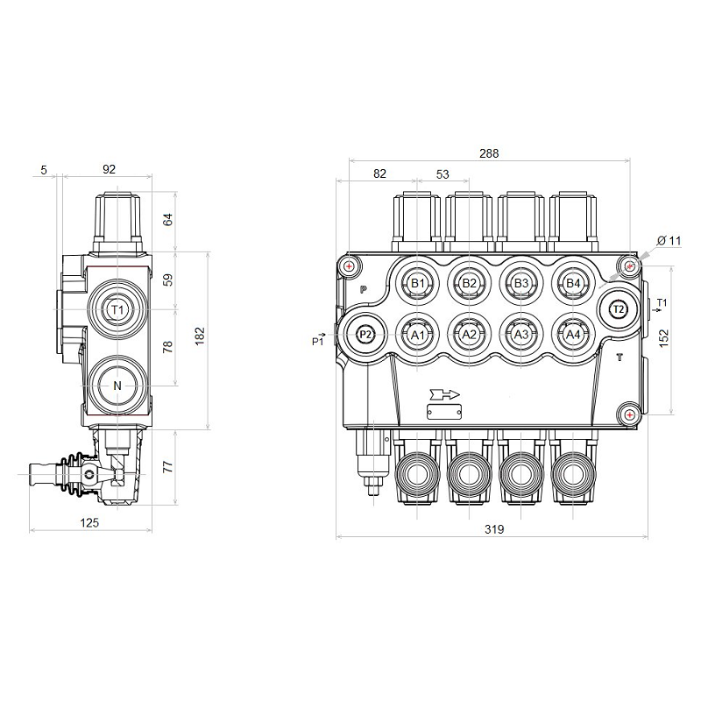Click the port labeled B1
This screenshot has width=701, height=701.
pos(418,283)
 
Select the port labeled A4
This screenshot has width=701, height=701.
pos(572,335)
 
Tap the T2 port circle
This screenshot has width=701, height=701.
pos(618,309)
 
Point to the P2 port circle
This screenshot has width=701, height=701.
pos(366,335)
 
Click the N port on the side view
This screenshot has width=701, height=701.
pos(117,386)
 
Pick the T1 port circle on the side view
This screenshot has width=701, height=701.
pos(117,309)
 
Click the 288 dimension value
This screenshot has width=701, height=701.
pos(489,153)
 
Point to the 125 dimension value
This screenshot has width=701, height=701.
pos(89,522)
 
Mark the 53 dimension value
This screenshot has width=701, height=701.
pos(443,173)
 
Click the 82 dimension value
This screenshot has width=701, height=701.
pos(379,173)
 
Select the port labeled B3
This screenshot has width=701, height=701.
pos(521,283)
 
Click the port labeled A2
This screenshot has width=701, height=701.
pos(470,335)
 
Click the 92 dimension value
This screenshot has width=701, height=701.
pos(109,169)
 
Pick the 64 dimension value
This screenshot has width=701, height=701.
pos(169,219)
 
